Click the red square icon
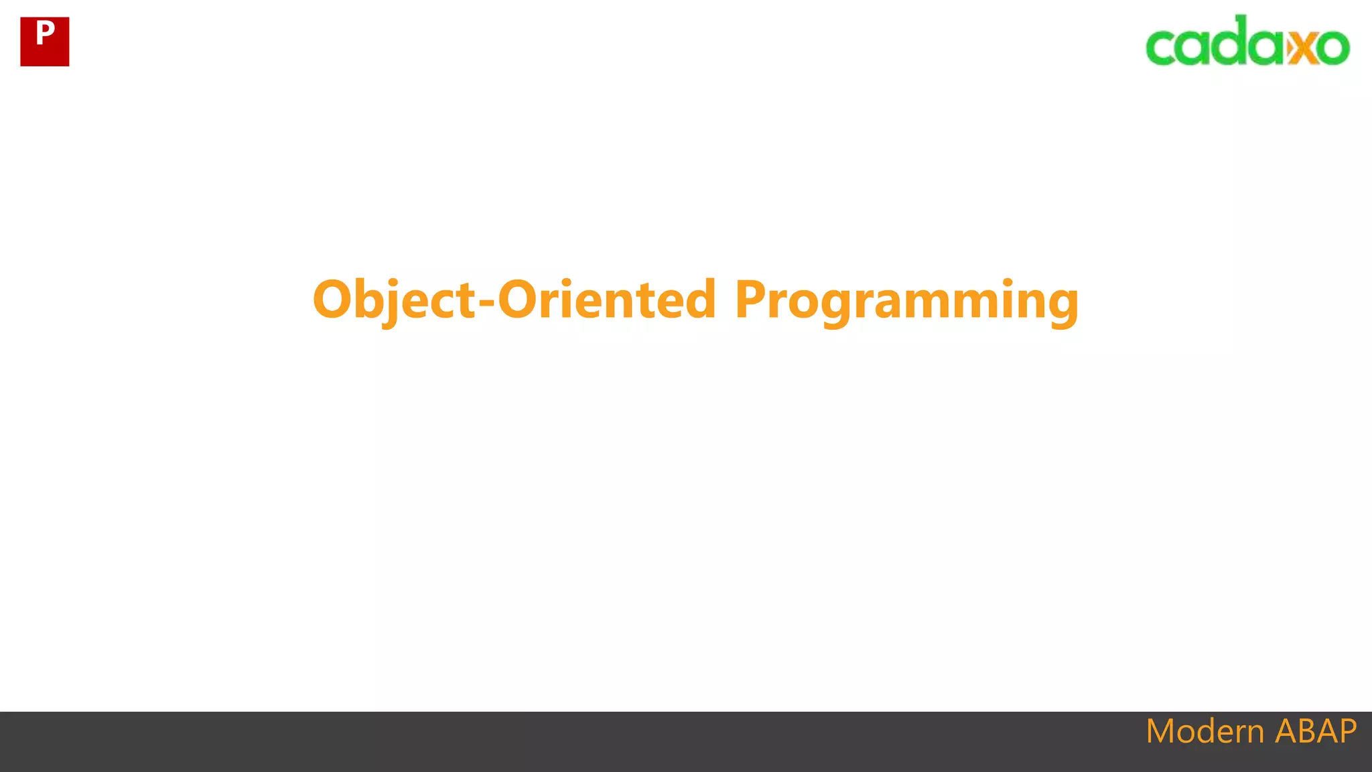tap(45, 42)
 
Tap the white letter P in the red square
tap(45, 32)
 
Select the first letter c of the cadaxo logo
tap(1162, 47)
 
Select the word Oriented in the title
tap(607, 300)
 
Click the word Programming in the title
tap(906, 300)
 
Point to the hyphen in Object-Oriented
tap(487, 302)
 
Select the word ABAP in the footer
tap(1316, 731)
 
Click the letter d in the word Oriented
tap(699, 300)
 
